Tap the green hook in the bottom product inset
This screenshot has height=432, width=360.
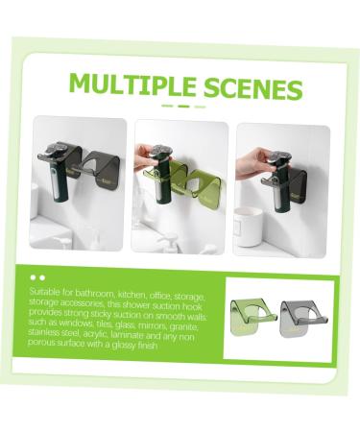pyautogui.click(x=248, y=312)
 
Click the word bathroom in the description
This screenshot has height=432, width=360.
pyautogui.click(x=89, y=289)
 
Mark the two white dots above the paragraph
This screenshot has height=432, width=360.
pyautogui.click(x=37, y=276)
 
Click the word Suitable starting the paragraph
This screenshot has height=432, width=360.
pyautogui.click(x=45, y=289)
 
